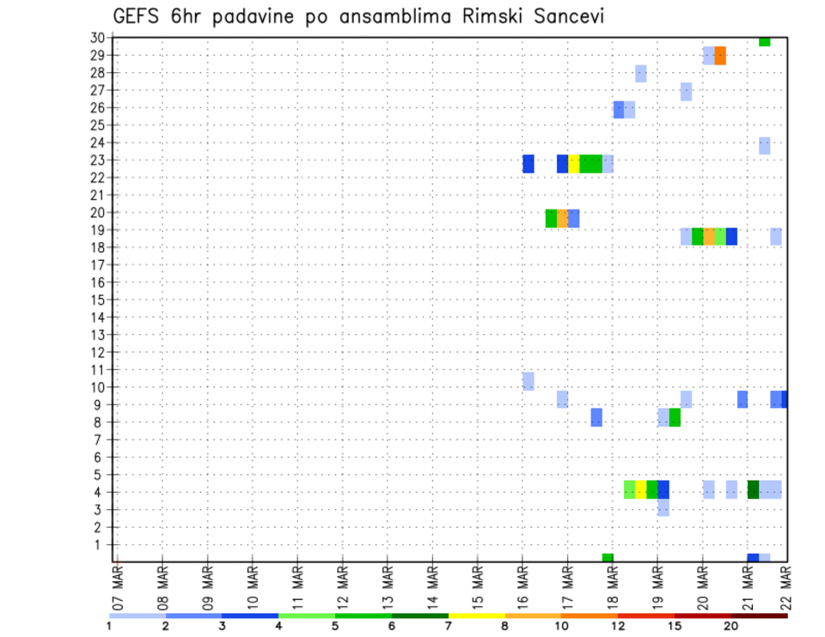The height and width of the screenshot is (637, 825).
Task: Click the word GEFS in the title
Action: pos(140,16)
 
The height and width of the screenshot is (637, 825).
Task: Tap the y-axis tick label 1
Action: pos(101,544)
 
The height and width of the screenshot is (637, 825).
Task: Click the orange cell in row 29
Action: pos(720,56)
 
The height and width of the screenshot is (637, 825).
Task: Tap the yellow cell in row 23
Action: pos(573,164)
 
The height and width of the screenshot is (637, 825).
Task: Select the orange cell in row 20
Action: pos(562,219)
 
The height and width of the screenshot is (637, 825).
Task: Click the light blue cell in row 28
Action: pos(640,74)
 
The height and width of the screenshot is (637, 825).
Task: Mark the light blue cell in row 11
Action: pos(529,381)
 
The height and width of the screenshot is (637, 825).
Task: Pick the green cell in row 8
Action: pos(675,417)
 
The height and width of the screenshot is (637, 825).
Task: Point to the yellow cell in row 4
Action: pos(641,489)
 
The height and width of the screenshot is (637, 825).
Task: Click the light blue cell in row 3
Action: pos(663,508)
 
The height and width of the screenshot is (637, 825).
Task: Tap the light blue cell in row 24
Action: pos(764,146)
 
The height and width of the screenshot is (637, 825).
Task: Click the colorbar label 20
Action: pos(730,626)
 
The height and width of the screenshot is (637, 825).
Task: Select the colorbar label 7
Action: pos(447,626)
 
